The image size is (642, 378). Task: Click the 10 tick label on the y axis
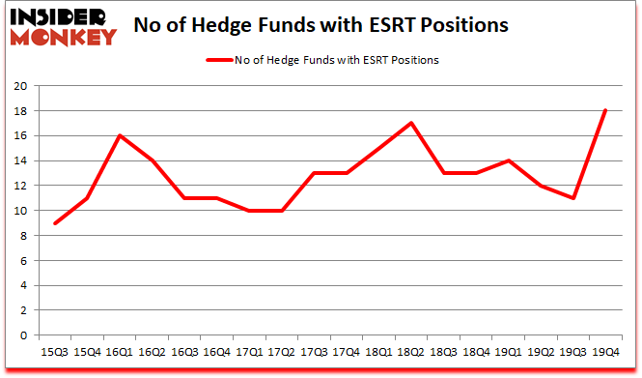(19, 211)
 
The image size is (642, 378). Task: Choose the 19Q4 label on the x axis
(605, 354)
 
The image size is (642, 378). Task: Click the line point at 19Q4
(605, 110)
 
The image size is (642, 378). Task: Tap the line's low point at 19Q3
(573, 198)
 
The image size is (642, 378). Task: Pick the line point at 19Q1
(509, 160)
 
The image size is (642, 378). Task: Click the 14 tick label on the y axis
(19, 160)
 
